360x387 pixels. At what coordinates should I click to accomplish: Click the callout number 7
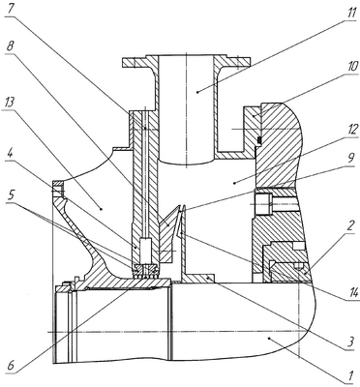point(11,8)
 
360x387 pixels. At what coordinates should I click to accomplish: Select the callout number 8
point(11,46)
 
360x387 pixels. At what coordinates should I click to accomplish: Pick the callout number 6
point(10,366)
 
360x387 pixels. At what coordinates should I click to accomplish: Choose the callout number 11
point(351,12)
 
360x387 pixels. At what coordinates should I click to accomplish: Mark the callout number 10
point(352,67)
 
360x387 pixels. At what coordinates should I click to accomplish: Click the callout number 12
point(352,131)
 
